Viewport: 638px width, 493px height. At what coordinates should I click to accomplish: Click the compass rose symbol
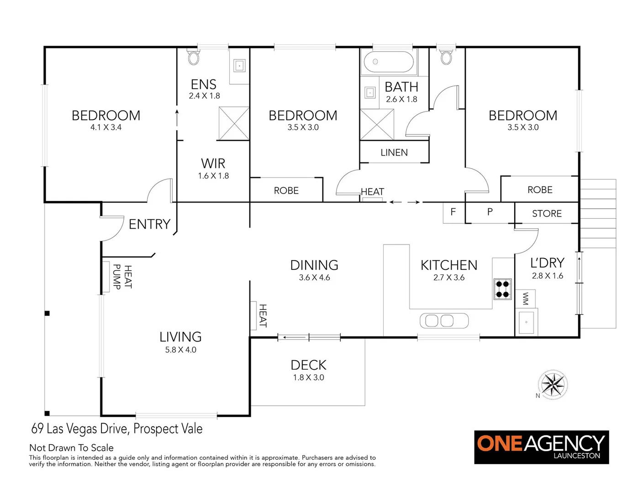point(553,385)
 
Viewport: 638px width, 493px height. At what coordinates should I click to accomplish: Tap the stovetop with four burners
point(502,289)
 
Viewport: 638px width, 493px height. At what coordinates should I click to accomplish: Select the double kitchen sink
point(444,320)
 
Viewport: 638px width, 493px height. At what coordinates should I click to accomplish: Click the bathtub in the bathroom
point(389,62)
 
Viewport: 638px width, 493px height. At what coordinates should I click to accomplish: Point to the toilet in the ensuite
point(194,58)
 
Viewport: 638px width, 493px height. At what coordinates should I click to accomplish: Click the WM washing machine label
point(525,299)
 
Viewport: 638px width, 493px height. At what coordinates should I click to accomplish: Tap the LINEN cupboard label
point(394,152)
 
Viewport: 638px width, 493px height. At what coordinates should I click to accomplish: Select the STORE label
point(547,214)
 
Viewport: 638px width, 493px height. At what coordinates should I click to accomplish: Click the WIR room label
point(213,163)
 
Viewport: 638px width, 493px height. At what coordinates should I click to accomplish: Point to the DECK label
point(309,365)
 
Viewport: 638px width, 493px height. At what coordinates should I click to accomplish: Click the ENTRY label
point(149,224)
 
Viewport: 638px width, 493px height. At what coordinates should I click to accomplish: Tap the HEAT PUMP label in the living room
point(122,277)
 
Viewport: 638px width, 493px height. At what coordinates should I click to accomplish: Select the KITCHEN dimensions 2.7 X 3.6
point(449,278)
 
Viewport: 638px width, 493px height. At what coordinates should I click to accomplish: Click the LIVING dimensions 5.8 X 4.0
point(180,350)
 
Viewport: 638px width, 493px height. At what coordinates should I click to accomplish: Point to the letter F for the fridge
point(453,212)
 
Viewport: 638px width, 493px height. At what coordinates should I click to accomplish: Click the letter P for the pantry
point(490,212)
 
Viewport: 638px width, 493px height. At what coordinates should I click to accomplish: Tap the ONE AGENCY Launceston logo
point(541,447)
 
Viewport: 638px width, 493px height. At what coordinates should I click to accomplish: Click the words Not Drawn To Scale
point(71,448)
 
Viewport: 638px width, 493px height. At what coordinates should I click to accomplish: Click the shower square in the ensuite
point(234,123)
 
